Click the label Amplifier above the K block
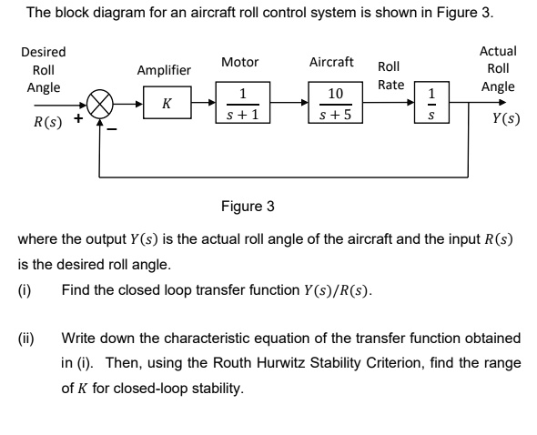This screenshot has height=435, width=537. (x=164, y=70)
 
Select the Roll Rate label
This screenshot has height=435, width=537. (x=390, y=76)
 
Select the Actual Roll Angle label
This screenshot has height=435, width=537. (x=497, y=69)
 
